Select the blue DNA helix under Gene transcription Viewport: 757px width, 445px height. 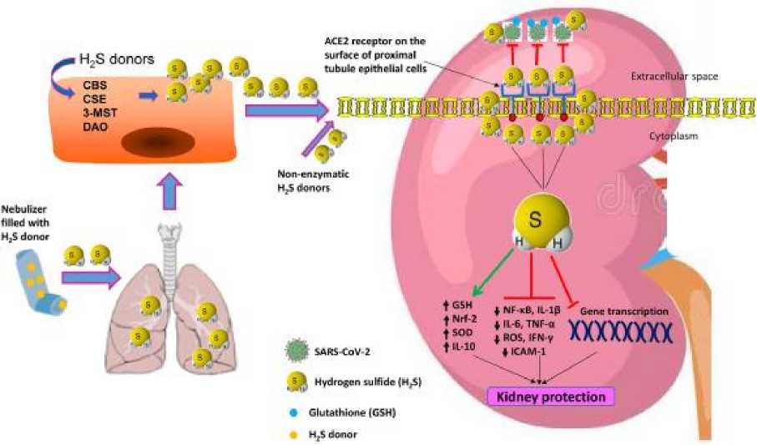[622, 331]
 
